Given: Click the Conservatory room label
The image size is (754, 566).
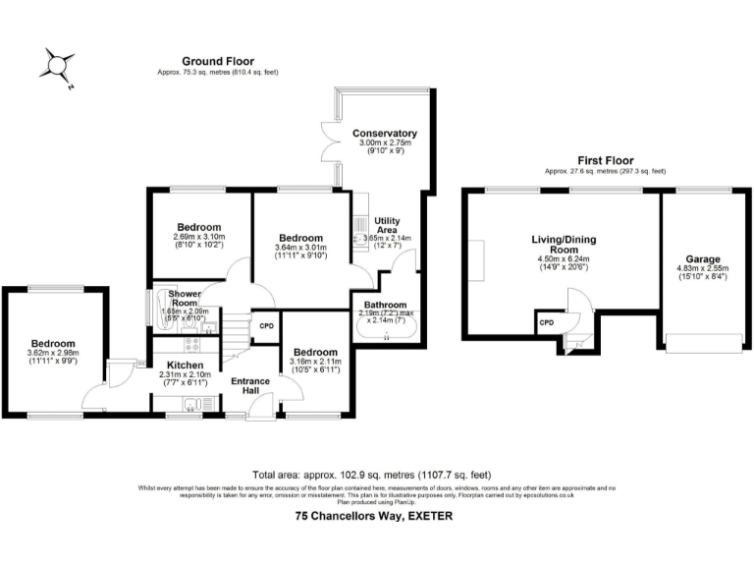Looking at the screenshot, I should tap(385, 134).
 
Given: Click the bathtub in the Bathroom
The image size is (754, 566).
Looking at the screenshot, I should tap(385, 336).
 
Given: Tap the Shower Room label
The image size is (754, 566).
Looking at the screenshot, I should tap(185, 299).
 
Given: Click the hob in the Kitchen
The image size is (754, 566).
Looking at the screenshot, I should tap(190, 344).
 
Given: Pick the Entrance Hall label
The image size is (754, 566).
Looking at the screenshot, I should tap(249, 386).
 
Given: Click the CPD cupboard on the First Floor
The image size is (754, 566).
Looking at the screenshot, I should tap(547, 322).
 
